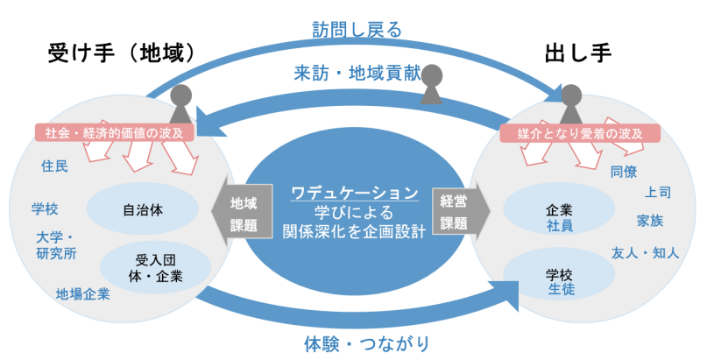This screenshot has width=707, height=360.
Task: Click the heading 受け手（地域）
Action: click(119, 55)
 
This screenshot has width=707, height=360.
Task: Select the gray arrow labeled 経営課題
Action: click(456, 211)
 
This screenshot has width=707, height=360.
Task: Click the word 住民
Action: click(54, 165)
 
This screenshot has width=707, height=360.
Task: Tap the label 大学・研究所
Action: click(56, 245)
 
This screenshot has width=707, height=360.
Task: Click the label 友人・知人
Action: click(645, 253)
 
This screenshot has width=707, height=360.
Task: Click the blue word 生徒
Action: click(561, 288)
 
